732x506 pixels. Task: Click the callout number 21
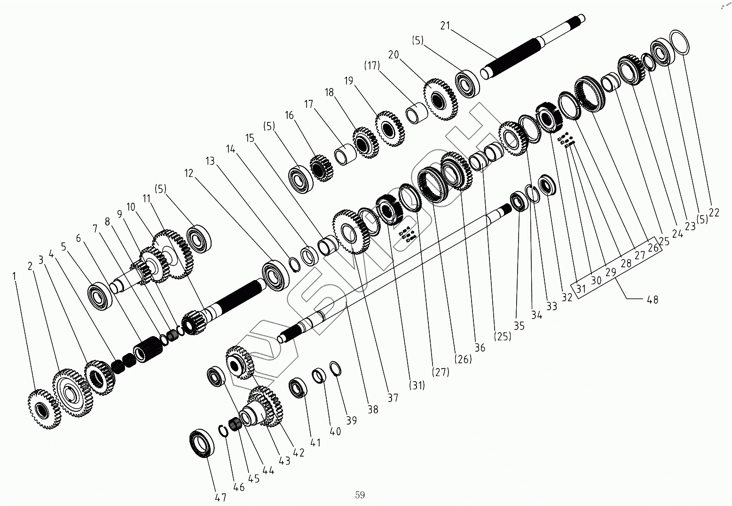tap(445, 25)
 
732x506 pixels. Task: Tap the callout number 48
tap(652, 299)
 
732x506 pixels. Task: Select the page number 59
tap(360, 495)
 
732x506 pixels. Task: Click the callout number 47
tap(220, 498)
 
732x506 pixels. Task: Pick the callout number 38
tap(372, 410)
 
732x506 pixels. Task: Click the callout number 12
tap(189, 173)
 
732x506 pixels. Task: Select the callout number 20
tap(393, 55)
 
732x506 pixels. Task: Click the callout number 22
tap(714, 213)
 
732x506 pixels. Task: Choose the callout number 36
tap(480, 348)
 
